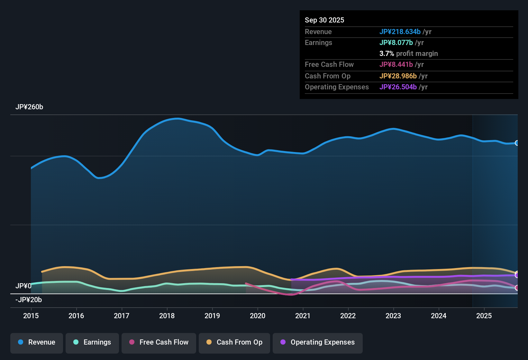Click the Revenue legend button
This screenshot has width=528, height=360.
pyautogui.click(x=37, y=342)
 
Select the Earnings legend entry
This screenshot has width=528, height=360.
pyautogui.click(x=92, y=342)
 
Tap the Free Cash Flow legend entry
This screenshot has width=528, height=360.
pyautogui.click(x=159, y=342)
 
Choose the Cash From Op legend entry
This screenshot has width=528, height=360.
pyautogui.click(x=234, y=342)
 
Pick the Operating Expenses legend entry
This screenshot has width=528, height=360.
pyautogui.click(x=318, y=342)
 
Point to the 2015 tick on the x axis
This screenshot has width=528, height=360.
pyautogui.click(x=31, y=316)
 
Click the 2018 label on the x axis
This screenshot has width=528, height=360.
pyautogui.click(x=167, y=316)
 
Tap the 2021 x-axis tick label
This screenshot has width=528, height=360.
pyautogui.click(x=303, y=316)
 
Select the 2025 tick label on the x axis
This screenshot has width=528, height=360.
pyautogui.click(x=484, y=316)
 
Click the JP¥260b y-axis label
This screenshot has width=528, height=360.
pyautogui.click(x=29, y=107)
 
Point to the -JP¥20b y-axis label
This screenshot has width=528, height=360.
pyautogui.click(x=29, y=300)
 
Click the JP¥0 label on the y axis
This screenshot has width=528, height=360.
pyautogui.click(x=23, y=286)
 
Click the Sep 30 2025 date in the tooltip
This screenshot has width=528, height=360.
pyautogui.click(x=324, y=20)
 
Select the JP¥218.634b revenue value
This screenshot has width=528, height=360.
pyautogui.click(x=400, y=32)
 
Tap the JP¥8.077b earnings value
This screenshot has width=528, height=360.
pyautogui.click(x=396, y=42)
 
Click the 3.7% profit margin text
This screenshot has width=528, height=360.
pyautogui.click(x=409, y=53)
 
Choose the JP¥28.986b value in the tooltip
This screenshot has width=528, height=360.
pyautogui.click(x=398, y=76)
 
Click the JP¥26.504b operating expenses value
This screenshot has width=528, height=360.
pyautogui.click(x=398, y=87)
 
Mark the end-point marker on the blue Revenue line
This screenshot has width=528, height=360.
pyautogui.click(x=517, y=143)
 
